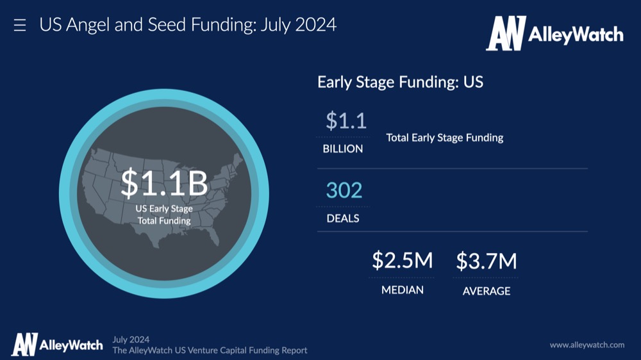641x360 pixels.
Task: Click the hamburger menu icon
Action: (x=20, y=26)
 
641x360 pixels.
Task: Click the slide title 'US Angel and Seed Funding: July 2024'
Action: (x=188, y=25)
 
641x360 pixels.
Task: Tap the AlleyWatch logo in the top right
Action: (x=554, y=33)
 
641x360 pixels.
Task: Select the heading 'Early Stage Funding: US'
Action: (x=400, y=82)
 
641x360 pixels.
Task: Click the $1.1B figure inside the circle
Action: (x=164, y=183)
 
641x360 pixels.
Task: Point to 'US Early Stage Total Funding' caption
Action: (x=164, y=215)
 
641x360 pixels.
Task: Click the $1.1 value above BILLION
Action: (x=346, y=120)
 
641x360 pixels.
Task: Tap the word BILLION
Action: (x=342, y=149)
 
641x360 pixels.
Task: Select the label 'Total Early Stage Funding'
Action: (x=445, y=138)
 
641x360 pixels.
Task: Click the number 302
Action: (x=344, y=190)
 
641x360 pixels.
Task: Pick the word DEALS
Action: (x=342, y=218)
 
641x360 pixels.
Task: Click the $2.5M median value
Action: (x=403, y=260)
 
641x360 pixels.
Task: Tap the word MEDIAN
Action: (x=403, y=290)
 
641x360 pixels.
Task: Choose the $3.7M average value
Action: (x=487, y=261)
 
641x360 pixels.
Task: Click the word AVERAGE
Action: (x=487, y=291)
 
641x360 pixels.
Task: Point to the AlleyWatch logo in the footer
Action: (x=57, y=345)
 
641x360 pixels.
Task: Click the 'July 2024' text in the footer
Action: (x=131, y=340)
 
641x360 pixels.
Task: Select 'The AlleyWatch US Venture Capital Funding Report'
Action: (x=210, y=350)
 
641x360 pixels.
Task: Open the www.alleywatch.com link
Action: (x=587, y=345)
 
